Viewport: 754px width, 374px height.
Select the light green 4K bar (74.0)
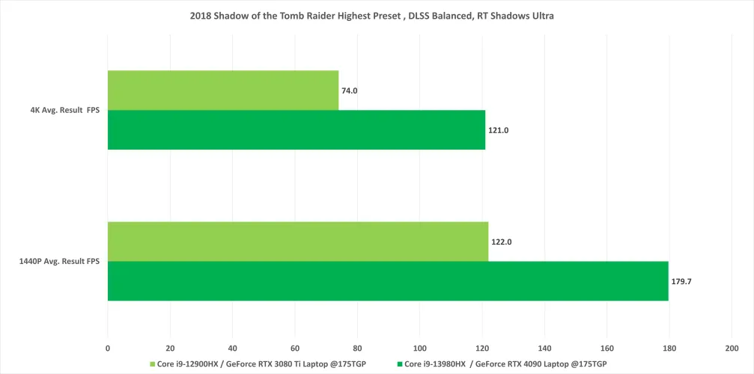pos(223,91)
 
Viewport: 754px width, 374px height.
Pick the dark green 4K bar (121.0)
pos(297,130)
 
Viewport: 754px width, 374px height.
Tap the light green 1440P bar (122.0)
pos(298,242)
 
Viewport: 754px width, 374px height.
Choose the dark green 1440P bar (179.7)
pos(388,281)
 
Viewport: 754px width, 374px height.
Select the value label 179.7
pos(683,281)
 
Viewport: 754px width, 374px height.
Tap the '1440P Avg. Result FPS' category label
pos(60,262)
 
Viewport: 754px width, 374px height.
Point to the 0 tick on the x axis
pos(108,349)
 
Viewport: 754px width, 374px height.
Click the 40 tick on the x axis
pos(233,349)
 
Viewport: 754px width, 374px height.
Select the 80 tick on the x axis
pos(357,349)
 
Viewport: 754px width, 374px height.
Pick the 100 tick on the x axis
pos(419,349)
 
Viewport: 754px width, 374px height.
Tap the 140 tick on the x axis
pos(544,349)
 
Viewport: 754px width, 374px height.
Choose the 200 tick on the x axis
pos(732,349)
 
